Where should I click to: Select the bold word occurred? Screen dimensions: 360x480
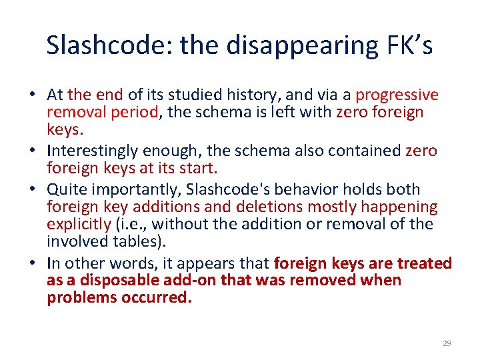156,298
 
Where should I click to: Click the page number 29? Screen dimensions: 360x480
447,343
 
